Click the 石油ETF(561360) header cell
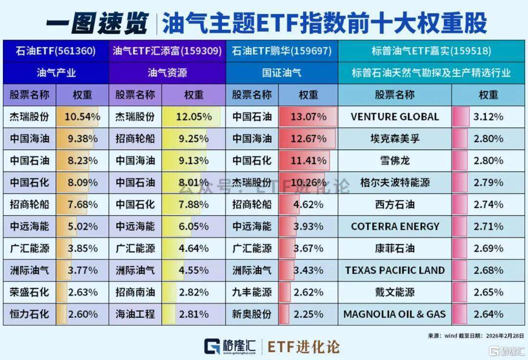pyautogui.click(x=55, y=51)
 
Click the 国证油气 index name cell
pyautogui.click(x=282, y=73)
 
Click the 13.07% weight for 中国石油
pyautogui.click(x=308, y=117)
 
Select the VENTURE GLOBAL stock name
pyautogui.click(x=395, y=117)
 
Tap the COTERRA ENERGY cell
pyautogui.click(x=395, y=227)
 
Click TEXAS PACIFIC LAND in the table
pyautogui.click(x=395, y=270)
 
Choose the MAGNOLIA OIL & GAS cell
pyautogui.click(x=395, y=314)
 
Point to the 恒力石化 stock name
pyautogui.click(x=30, y=314)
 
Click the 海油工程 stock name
pyautogui.click(x=135, y=314)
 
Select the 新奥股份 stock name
pyautogui.click(x=252, y=314)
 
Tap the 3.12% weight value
pyautogui.click(x=488, y=117)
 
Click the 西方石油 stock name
pyautogui.click(x=395, y=205)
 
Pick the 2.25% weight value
pyautogui.click(x=308, y=314)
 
